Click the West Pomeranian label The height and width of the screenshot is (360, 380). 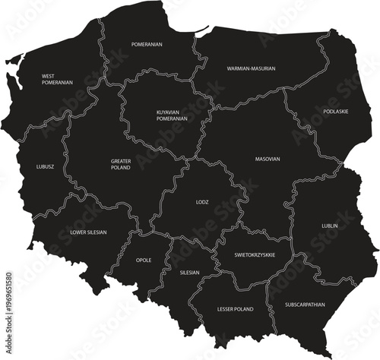[58, 79]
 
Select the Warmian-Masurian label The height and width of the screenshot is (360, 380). [251, 68]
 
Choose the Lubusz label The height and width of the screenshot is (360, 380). [45, 166]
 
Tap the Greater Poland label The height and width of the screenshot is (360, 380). [121, 164]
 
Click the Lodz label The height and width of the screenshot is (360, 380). [202, 203]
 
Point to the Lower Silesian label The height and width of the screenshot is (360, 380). [88, 232]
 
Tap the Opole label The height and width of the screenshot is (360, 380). [144, 260]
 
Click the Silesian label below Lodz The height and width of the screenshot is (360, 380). [189, 272]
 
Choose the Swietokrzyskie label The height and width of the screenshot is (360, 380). [255, 254]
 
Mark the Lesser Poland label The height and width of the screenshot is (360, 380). [235, 309]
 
